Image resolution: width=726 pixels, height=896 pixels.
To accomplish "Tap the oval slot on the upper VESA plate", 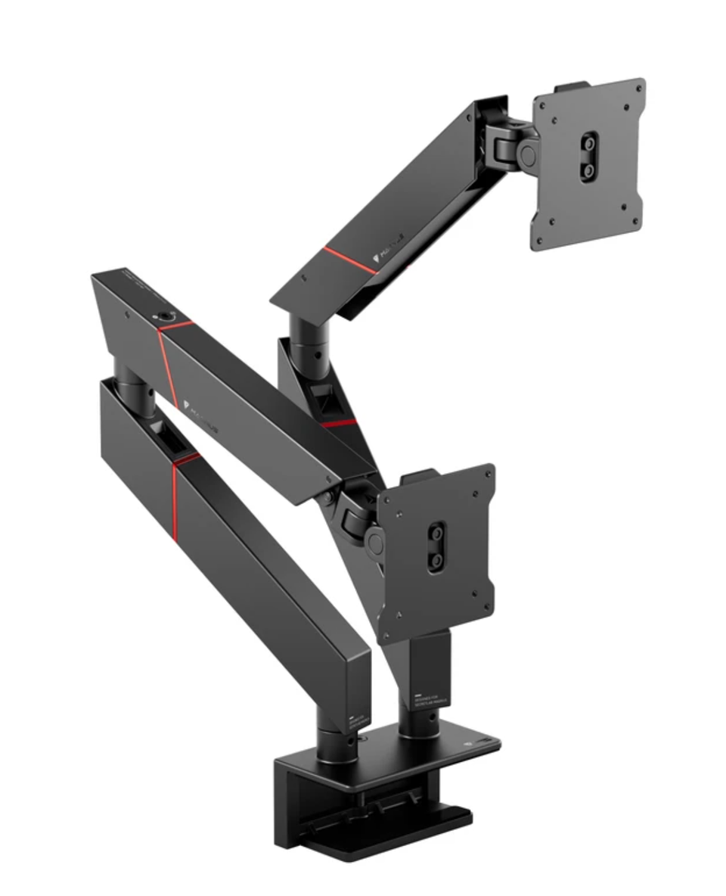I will click(588, 157).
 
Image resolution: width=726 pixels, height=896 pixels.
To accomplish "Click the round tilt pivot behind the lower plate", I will click(374, 540).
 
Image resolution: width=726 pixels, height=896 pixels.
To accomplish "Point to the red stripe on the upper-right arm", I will click(349, 259).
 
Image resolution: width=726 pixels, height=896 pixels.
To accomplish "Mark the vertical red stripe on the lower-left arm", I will click(174, 499).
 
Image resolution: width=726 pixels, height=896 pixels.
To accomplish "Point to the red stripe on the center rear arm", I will click(340, 423).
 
